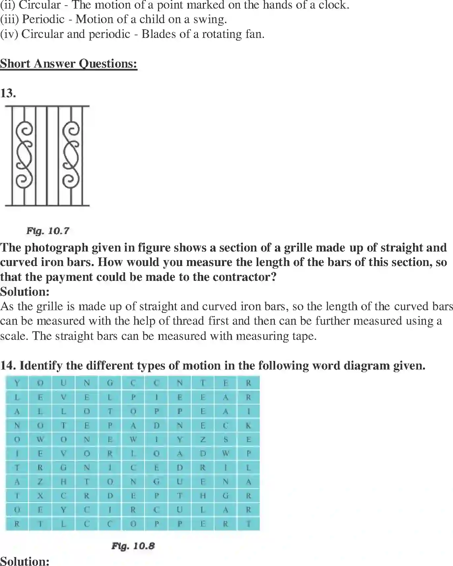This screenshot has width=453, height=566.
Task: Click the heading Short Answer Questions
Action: pyautogui.click(x=69, y=63)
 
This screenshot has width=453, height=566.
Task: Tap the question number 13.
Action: pyautogui.click(x=8, y=93)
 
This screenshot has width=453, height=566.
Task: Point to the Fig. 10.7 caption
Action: pyautogui.click(x=48, y=231)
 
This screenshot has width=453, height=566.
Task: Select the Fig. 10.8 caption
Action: pyautogui.click(x=133, y=546)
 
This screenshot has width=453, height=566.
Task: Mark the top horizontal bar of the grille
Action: pyautogui.click(x=47, y=106)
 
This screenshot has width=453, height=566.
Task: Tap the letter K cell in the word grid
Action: pyautogui.click(x=248, y=426)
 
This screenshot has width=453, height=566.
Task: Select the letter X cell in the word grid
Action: pyautogui.click(x=40, y=496)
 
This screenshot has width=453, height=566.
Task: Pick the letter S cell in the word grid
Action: pyautogui.click(x=225, y=439)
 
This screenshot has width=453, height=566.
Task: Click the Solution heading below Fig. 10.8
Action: pyautogui.click(x=25, y=561)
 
